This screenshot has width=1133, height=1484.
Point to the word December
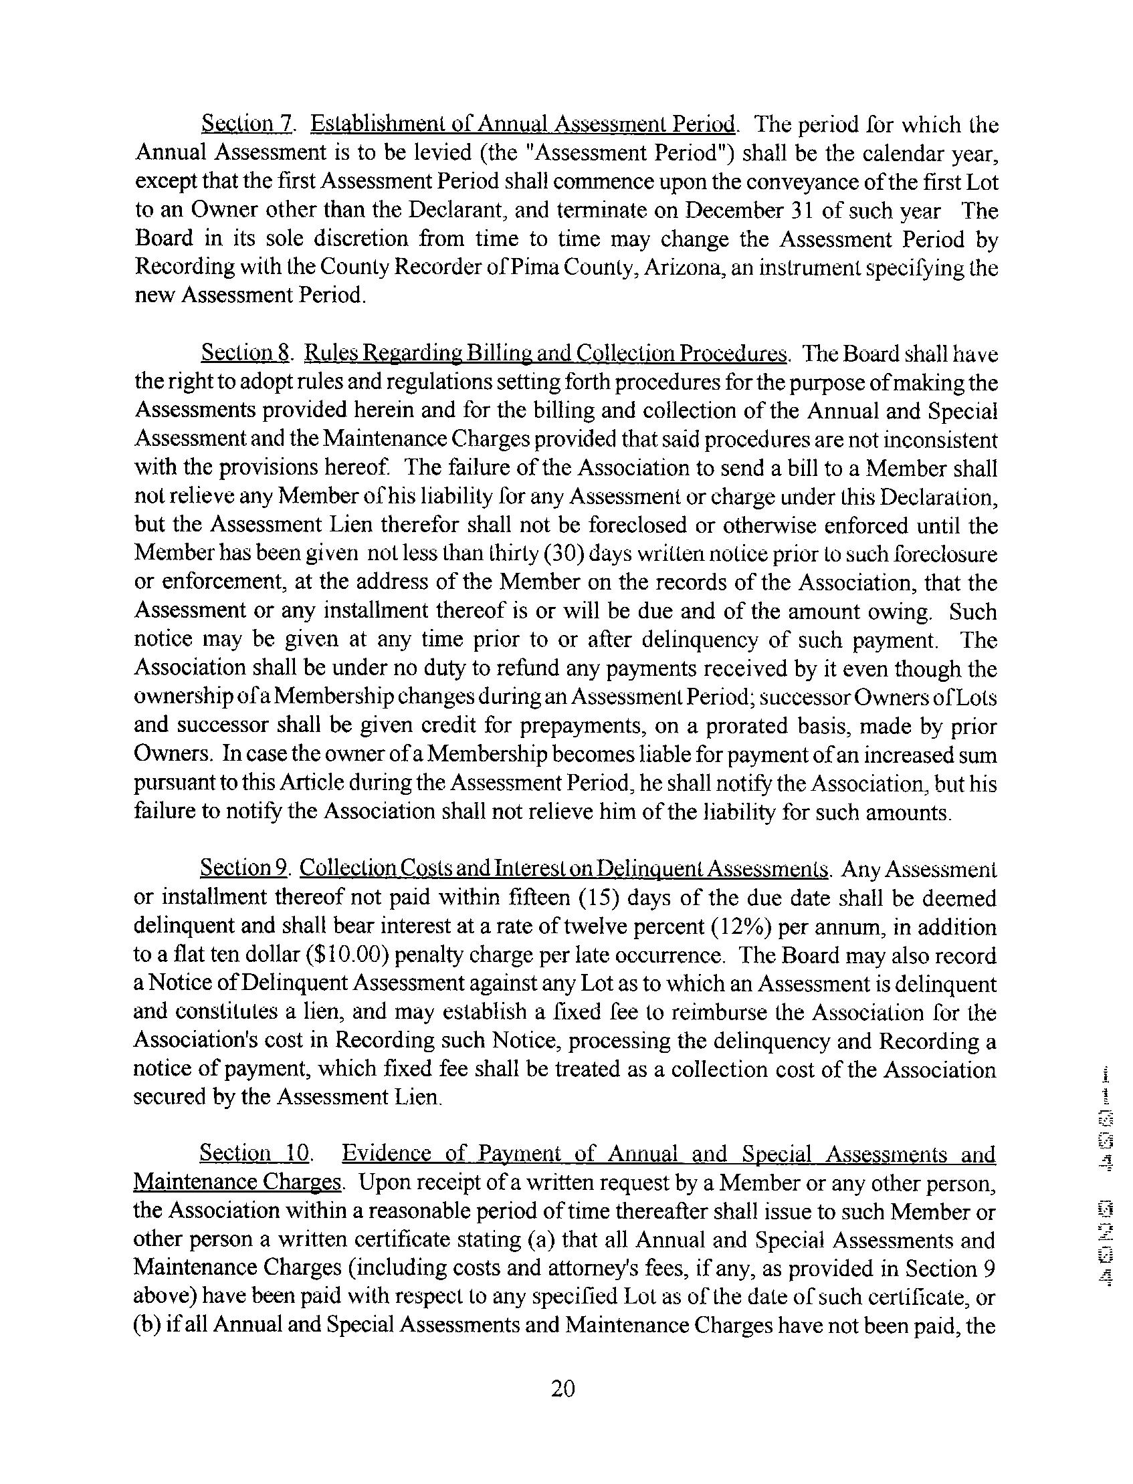731,211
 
